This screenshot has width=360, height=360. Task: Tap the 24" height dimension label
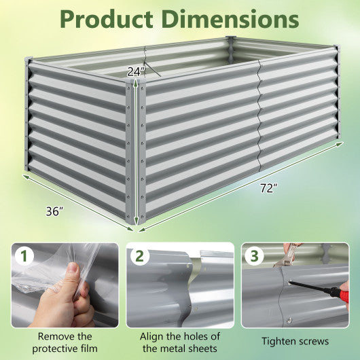135,70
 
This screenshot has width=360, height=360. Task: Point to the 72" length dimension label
268,188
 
